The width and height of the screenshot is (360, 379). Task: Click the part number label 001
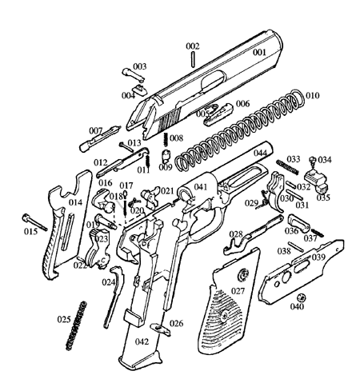(x=259, y=52)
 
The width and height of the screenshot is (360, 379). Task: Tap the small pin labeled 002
(x=193, y=59)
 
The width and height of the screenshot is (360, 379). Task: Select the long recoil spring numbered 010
(x=239, y=130)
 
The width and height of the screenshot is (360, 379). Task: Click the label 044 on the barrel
(x=260, y=153)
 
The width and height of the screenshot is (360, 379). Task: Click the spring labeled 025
(x=77, y=325)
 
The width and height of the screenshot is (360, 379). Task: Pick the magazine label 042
(x=142, y=341)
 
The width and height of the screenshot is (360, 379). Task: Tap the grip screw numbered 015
(x=34, y=221)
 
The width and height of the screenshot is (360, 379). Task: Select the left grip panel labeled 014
(x=68, y=226)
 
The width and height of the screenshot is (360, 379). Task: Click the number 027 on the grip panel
(x=238, y=291)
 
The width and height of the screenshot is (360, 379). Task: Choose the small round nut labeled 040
(x=302, y=297)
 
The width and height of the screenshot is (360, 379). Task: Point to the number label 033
(x=294, y=159)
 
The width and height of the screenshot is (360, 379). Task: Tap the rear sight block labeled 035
(x=317, y=180)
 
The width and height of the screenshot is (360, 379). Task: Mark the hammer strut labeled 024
(x=114, y=296)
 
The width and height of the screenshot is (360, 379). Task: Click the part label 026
(x=176, y=323)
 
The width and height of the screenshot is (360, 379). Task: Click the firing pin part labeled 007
(x=99, y=138)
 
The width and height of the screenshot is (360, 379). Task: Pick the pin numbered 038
(x=295, y=246)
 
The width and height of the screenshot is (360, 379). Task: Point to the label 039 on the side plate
(x=318, y=257)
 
